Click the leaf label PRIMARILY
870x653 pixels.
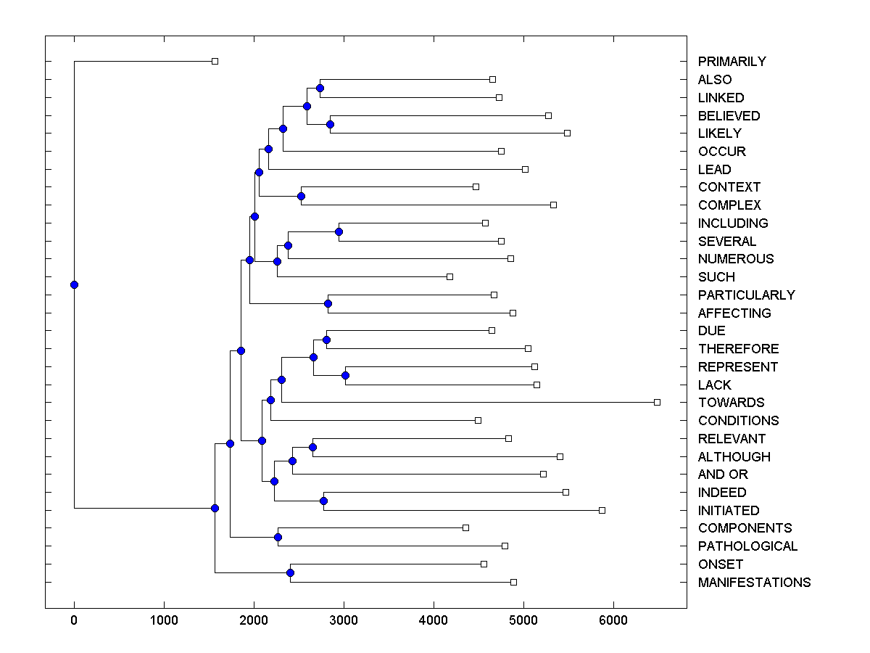pyautogui.click(x=732, y=62)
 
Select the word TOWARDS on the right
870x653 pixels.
pyautogui.click(x=731, y=403)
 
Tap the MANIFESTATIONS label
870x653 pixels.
pyautogui.click(x=754, y=583)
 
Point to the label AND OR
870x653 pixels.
pyautogui.click(x=723, y=475)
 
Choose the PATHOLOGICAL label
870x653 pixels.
pyautogui.click(x=747, y=546)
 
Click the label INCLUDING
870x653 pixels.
pyautogui.click(x=733, y=223)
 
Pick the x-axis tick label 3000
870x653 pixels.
pyautogui.click(x=344, y=620)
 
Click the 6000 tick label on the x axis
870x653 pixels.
pyautogui.click(x=613, y=620)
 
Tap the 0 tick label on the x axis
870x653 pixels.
pyautogui.click(x=74, y=620)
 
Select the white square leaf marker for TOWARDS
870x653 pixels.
pyautogui.click(x=657, y=402)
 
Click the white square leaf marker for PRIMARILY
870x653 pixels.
pyautogui.click(x=215, y=61)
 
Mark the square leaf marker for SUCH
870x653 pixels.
pyautogui.click(x=449, y=276)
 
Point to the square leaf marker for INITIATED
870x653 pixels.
pyautogui.click(x=602, y=510)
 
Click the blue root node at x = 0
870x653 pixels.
pyautogui.click(x=74, y=284)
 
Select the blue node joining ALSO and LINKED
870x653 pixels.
pyautogui.click(x=320, y=88)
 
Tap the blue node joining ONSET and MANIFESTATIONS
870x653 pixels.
pyautogui.click(x=290, y=573)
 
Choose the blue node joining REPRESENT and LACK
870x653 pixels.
pyautogui.click(x=345, y=375)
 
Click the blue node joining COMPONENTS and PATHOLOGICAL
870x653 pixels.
pyautogui.click(x=278, y=537)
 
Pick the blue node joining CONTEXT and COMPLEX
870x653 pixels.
pyautogui.click(x=301, y=196)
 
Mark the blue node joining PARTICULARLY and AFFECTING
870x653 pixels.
pyautogui.click(x=328, y=303)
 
